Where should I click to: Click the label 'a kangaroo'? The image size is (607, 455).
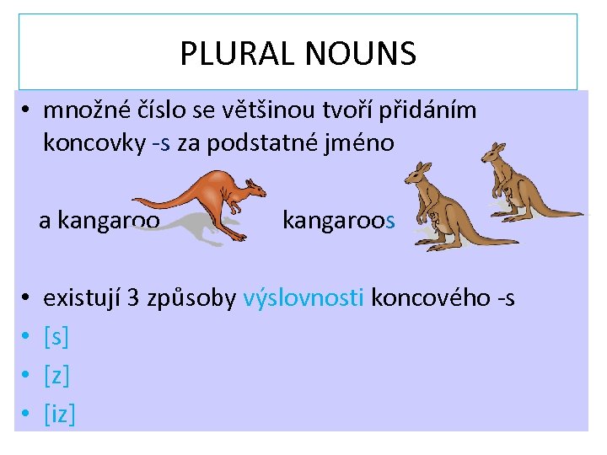99,221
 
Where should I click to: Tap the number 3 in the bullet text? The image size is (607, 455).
133,297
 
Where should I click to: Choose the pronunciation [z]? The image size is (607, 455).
56,376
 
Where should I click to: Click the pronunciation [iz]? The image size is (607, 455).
59,414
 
